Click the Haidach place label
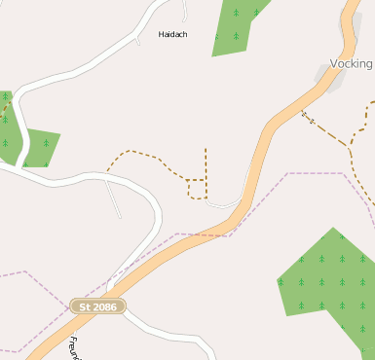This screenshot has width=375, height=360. click(x=172, y=34)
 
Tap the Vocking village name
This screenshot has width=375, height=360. click(x=352, y=63)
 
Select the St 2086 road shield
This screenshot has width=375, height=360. click(x=97, y=306)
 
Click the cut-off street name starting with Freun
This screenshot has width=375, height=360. click(x=76, y=347)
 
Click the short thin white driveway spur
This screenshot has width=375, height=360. click(x=114, y=199)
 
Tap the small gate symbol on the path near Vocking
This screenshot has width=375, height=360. click(x=308, y=118)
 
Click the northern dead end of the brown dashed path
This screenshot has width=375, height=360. click(x=206, y=149)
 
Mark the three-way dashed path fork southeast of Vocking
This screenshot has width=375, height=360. click(x=349, y=145)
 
